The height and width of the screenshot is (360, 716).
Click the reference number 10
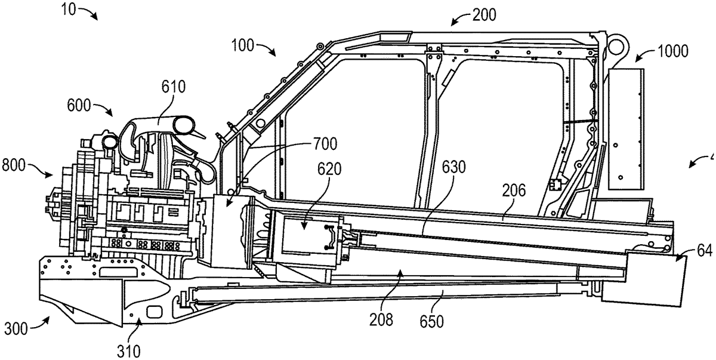pyautogui.click(x=70, y=10)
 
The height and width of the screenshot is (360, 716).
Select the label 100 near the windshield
pyautogui.click(x=243, y=45)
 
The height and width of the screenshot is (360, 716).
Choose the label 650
pyautogui.click(x=431, y=322)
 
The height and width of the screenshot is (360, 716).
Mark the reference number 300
pyautogui.click(x=17, y=328)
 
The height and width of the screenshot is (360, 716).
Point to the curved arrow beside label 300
pyautogui.click(x=40, y=323)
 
